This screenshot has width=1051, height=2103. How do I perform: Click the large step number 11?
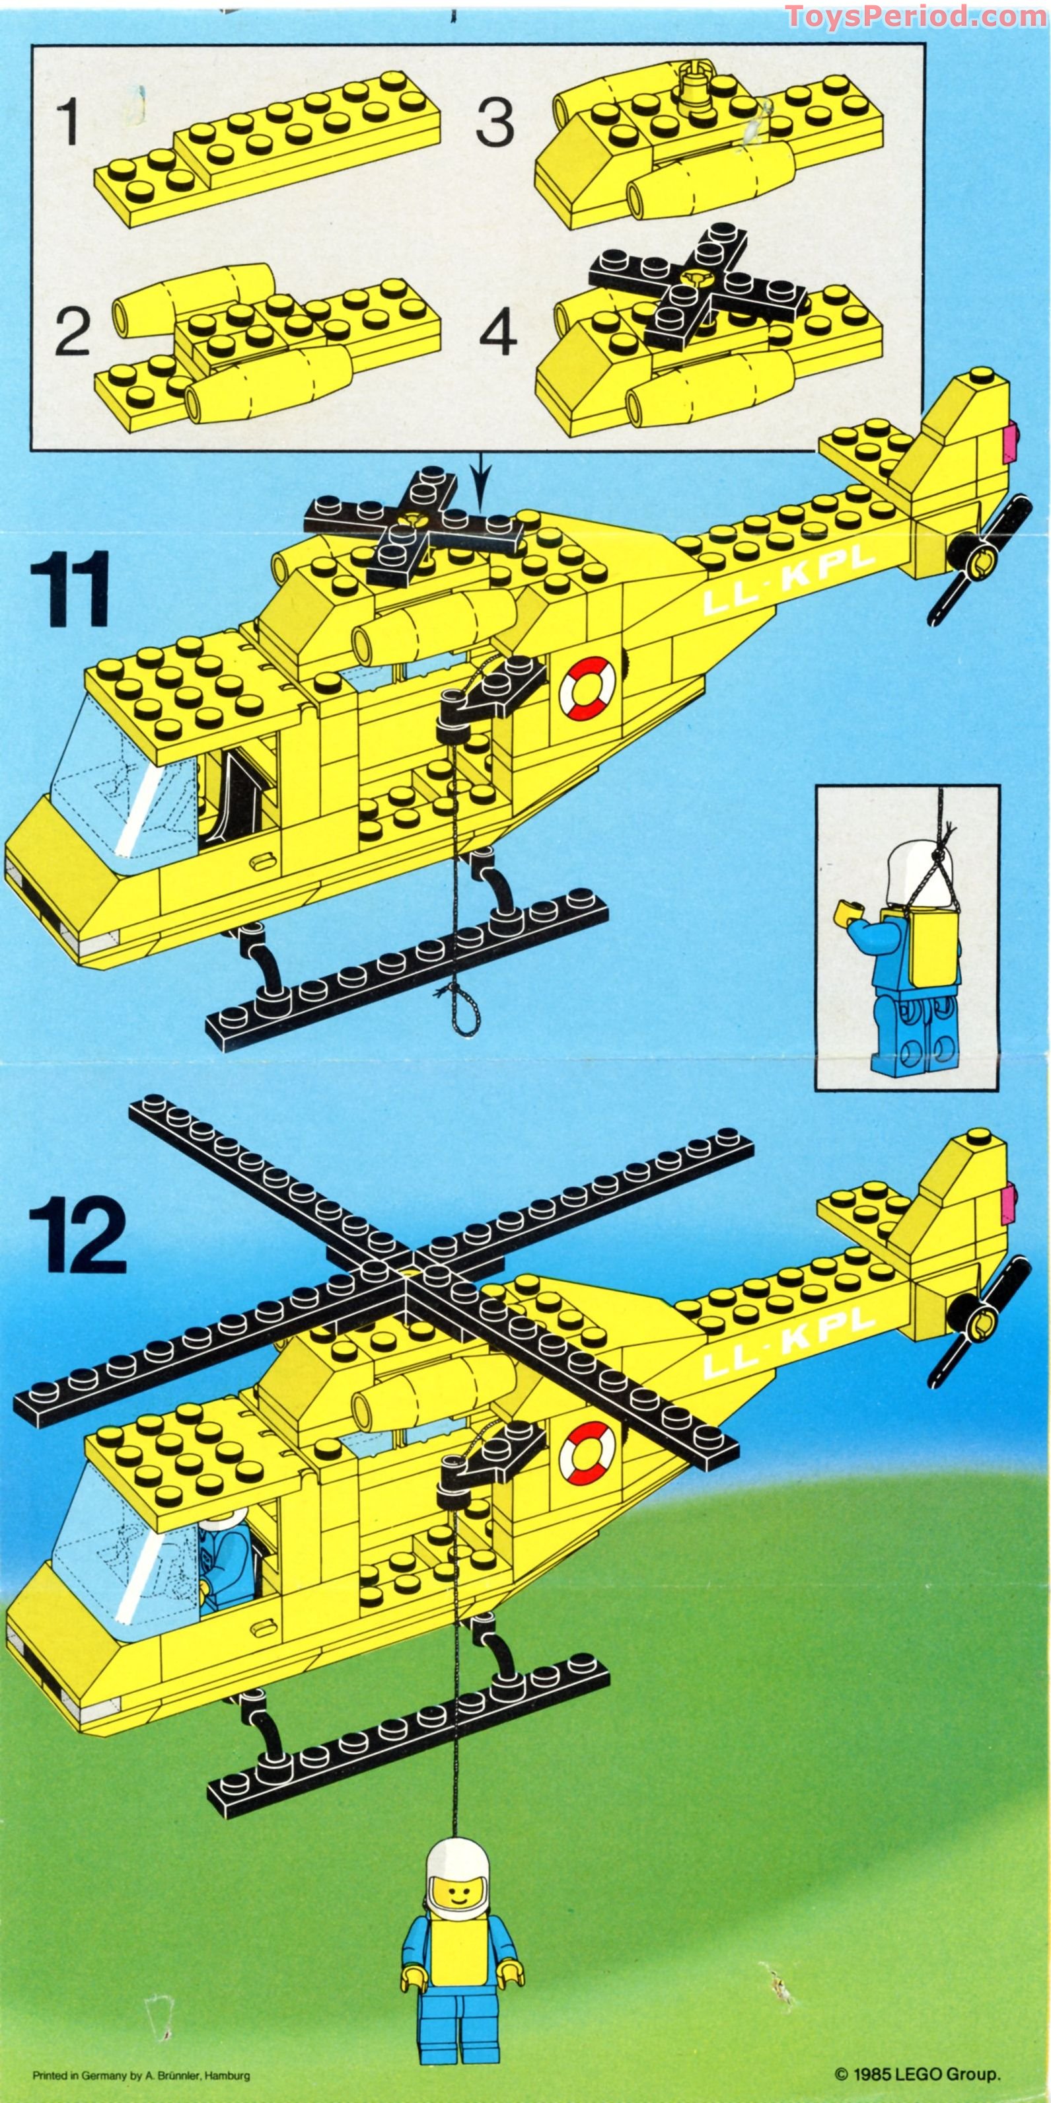[70, 589]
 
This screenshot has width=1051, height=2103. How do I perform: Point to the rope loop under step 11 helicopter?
[467, 1013]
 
